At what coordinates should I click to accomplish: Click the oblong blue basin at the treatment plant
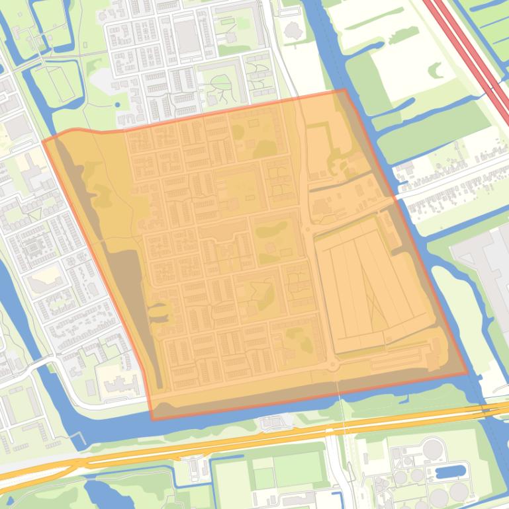[x=450, y=471]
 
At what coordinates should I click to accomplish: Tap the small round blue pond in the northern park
[x=117, y=104]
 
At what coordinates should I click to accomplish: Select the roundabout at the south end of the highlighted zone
[x=332, y=364]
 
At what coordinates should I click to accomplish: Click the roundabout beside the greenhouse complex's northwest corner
[x=306, y=229]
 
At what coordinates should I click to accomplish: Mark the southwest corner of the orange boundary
[x=153, y=419]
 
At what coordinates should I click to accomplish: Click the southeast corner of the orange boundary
[x=467, y=373]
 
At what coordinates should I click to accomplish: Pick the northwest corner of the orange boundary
[x=44, y=140]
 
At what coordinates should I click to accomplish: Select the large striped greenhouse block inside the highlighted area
[x=371, y=284]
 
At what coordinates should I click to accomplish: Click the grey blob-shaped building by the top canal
[x=292, y=30]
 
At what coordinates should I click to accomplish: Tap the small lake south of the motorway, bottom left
[x=99, y=492]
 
